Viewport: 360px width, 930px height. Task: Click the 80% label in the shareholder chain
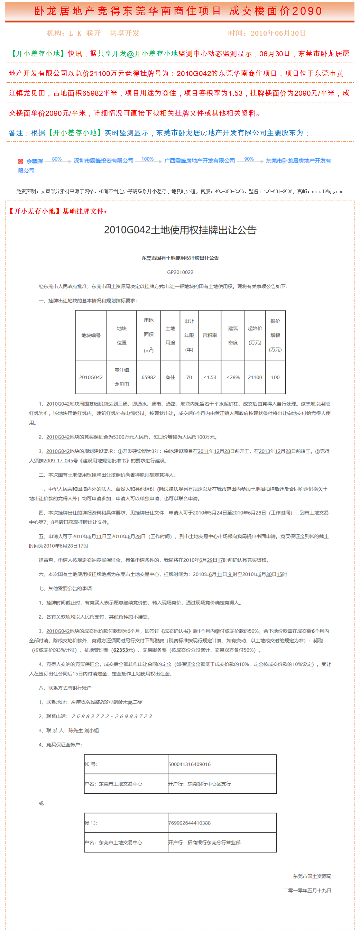click(57, 159)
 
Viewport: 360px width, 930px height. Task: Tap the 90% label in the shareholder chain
click(249, 159)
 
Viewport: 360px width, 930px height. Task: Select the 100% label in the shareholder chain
click(147, 159)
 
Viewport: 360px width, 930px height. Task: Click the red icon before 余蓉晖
click(21, 162)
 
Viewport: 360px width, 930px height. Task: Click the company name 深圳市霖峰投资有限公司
click(104, 161)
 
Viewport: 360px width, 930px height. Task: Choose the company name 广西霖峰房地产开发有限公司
click(200, 161)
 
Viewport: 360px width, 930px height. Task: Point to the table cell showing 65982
click(148, 377)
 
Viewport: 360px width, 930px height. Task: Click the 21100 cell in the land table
click(255, 377)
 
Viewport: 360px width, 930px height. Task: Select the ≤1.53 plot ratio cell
click(210, 377)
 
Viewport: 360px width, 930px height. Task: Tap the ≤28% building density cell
click(233, 377)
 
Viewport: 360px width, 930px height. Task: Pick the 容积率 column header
click(210, 335)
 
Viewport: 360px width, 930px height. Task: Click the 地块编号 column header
click(91, 335)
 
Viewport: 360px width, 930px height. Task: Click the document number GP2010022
click(180, 272)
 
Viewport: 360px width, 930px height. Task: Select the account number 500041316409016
click(190, 764)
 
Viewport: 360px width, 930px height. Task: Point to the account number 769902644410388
click(190, 823)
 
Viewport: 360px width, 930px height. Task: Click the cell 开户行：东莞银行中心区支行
click(200, 784)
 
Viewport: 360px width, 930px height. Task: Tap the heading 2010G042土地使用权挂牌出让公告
click(180, 230)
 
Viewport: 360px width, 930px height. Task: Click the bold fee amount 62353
click(121, 650)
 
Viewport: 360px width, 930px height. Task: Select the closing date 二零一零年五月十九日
click(307, 891)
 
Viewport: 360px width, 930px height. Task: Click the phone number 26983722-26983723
click(112, 716)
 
